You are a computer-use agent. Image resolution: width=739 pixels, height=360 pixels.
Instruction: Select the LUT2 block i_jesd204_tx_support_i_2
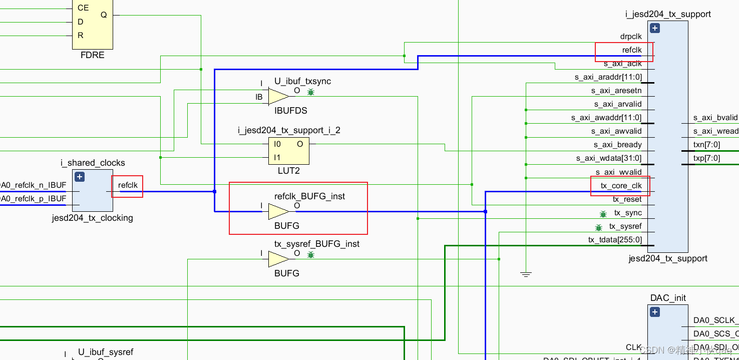289,151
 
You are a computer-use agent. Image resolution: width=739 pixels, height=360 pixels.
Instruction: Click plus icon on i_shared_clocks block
80,177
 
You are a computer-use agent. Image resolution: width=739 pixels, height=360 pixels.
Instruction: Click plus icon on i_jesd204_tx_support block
655,28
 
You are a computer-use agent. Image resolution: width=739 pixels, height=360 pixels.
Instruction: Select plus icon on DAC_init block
655,312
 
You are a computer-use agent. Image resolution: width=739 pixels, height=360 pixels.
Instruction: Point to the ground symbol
525,274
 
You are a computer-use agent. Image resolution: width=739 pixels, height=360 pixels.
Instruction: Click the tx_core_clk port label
621,186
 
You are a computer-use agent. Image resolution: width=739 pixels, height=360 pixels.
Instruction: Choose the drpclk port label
631,37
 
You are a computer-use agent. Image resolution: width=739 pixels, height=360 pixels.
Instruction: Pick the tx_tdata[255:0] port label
615,240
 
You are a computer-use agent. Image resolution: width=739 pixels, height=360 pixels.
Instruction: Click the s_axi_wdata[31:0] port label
609,158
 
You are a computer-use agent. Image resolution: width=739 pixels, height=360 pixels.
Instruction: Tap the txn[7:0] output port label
706,145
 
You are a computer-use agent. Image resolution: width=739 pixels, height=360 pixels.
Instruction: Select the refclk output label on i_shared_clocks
128,185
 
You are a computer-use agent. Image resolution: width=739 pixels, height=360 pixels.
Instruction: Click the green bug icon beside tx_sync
603,214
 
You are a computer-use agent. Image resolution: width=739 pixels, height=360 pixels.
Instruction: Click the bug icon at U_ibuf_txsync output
311,92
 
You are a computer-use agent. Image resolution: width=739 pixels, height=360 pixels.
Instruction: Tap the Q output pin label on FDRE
104,15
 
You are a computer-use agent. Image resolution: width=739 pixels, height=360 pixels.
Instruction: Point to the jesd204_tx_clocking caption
92,218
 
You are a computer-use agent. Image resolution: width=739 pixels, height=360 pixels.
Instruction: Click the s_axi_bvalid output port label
715,118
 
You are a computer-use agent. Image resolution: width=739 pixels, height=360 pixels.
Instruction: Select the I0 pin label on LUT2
277,144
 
